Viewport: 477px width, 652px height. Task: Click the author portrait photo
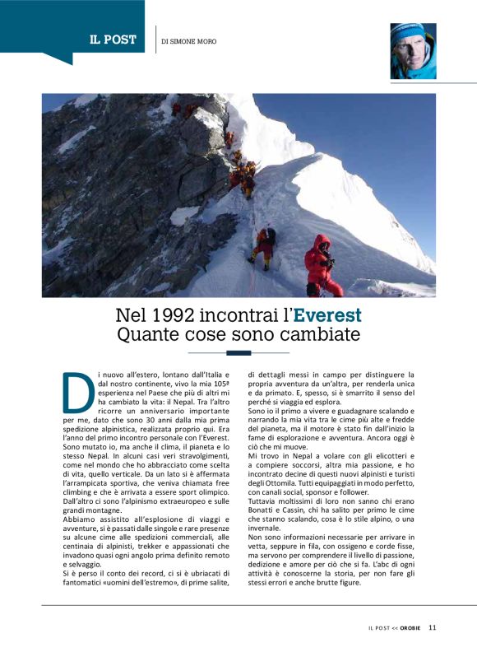click(x=412, y=50)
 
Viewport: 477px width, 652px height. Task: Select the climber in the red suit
click(x=322, y=265)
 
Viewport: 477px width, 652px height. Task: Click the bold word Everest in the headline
click(x=327, y=316)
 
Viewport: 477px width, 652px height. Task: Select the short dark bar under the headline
click(x=238, y=353)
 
